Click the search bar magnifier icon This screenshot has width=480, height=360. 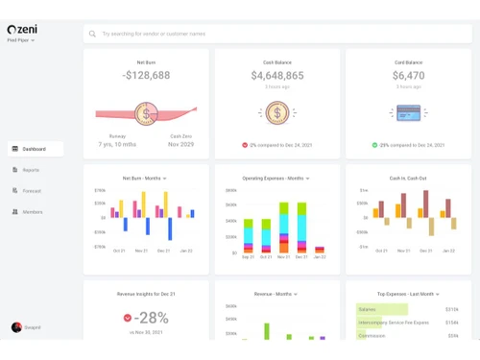click(93, 34)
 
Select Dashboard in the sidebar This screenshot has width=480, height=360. click(35, 149)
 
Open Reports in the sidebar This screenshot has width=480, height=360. click(31, 170)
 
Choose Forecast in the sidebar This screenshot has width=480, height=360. click(32, 191)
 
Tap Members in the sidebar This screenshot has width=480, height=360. click(32, 212)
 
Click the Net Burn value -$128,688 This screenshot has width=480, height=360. click(146, 76)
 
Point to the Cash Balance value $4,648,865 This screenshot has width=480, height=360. click(277, 76)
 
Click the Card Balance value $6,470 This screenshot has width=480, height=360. click(408, 76)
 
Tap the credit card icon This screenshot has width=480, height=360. click(408, 113)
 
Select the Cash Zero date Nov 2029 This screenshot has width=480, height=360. click(180, 144)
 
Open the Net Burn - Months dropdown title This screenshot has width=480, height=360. click(146, 179)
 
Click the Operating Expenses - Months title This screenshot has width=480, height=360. click(277, 179)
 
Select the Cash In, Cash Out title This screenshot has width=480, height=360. click(408, 179)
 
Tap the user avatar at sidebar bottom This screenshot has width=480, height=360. click(16, 327)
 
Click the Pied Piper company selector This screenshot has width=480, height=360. click(21, 41)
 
